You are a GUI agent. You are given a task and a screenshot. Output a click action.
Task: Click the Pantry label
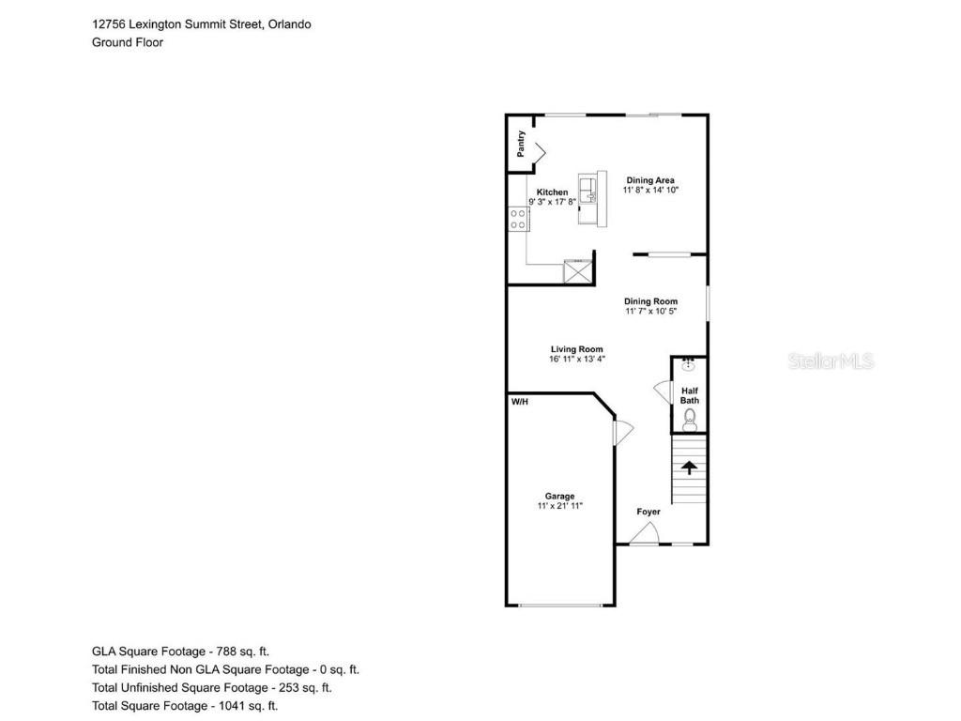click(521, 144)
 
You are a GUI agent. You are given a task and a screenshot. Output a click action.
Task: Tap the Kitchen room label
click(552, 192)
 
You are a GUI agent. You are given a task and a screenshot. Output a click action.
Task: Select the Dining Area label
click(650, 180)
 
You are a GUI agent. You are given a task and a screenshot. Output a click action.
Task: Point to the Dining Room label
click(651, 301)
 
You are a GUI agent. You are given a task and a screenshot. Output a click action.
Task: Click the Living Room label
click(577, 349)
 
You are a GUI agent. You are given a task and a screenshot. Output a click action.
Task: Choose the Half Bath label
click(690, 395)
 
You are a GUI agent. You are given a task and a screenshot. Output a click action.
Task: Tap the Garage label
click(560, 496)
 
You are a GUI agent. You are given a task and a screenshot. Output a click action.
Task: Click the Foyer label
click(648, 512)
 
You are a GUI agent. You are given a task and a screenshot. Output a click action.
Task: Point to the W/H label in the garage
click(520, 402)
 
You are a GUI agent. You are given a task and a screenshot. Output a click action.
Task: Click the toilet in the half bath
click(690, 420)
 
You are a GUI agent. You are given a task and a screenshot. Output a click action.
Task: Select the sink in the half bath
click(689, 365)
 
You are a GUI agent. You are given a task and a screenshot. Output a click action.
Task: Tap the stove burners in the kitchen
click(518, 220)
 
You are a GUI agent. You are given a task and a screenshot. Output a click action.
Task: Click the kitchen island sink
click(587, 190)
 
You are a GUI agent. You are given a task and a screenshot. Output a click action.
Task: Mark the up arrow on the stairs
click(690, 468)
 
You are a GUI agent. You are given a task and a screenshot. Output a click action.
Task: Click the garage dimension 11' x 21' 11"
click(560, 506)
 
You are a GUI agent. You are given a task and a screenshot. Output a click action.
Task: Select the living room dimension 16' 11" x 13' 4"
click(577, 359)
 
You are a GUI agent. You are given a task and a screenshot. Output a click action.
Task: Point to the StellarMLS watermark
click(831, 361)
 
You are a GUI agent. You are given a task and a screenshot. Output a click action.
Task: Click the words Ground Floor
click(128, 42)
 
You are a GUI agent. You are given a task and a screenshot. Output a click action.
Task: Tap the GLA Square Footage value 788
click(227, 652)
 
